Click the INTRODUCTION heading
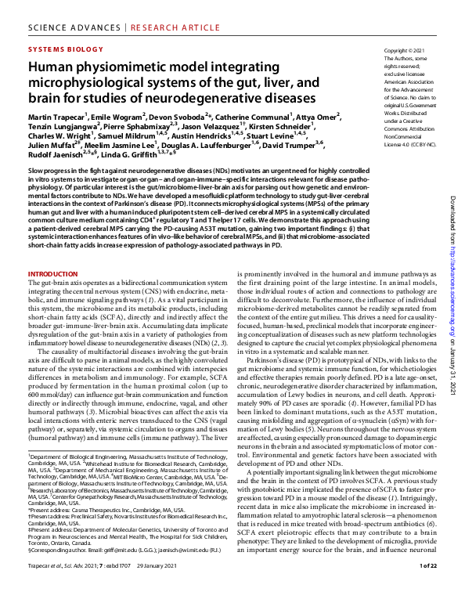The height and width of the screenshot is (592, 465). point(53,274)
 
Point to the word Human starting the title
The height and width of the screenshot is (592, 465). point(49,68)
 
